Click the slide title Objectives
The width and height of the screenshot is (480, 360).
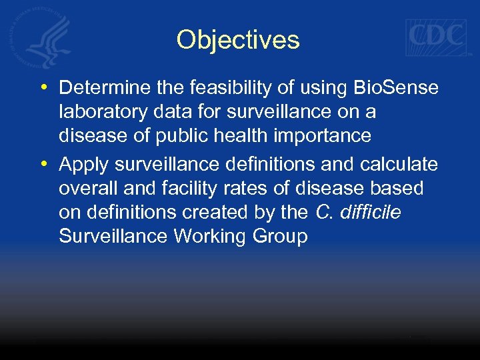coord(238,40)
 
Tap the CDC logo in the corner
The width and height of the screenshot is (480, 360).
coord(437,37)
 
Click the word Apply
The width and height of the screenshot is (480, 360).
coord(83,165)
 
